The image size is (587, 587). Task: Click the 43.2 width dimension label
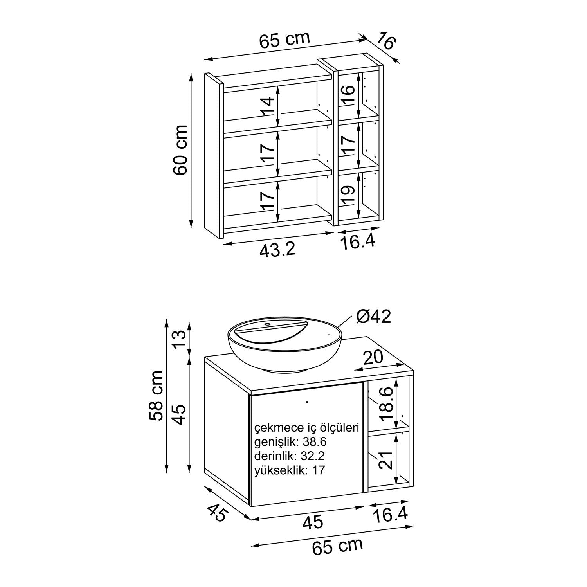pos(277,249)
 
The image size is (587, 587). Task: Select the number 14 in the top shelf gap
pos(268,107)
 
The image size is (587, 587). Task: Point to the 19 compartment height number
pos(348,195)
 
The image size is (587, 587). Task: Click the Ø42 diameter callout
pos(373,317)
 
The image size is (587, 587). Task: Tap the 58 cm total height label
pos(156,395)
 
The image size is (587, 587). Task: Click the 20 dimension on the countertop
pos(373,357)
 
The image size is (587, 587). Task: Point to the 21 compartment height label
pos(386,459)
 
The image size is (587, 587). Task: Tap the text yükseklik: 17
pos(290,470)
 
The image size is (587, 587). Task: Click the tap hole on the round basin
pos(268,324)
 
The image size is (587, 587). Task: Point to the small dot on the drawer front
pos(307,402)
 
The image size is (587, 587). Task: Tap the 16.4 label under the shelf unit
pos(357,242)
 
